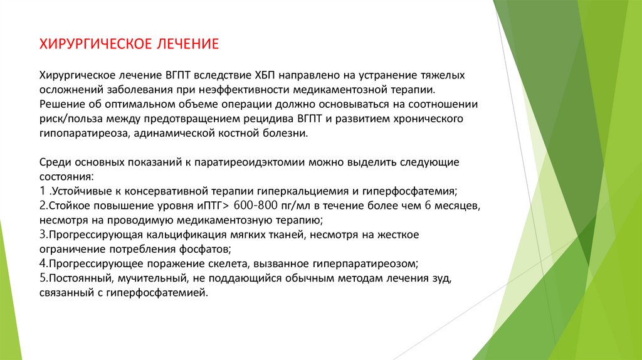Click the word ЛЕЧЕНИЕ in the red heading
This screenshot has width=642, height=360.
[185, 45]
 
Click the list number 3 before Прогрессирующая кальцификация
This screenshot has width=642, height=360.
[41, 235]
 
